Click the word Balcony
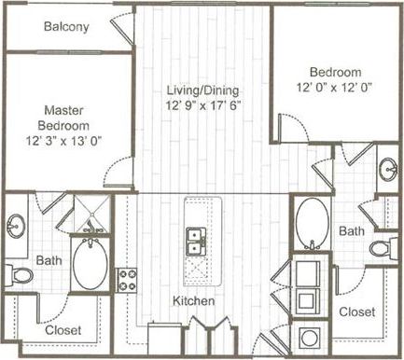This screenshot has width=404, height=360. click(x=66, y=27)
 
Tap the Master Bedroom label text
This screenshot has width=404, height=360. click(x=63, y=118)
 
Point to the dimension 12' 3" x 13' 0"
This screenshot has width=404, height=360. click(x=63, y=143)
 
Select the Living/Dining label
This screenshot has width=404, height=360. click(x=202, y=90)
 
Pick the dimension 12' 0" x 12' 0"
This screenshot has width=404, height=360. click(x=334, y=89)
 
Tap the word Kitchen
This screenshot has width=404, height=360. click(x=194, y=301)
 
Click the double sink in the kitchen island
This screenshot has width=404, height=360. click(x=196, y=242)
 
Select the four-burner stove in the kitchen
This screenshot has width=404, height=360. click(x=126, y=280)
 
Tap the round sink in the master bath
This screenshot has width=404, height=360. click(x=18, y=227)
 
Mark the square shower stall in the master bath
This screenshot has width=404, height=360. click(x=91, y=216)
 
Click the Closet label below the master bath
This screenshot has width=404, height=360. click(x=63, y=330)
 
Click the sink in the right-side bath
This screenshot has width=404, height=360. click(x=387, y=170)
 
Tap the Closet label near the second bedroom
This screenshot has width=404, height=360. click(x=356, y=311)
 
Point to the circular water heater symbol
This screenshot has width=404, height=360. click(x=308, y=337)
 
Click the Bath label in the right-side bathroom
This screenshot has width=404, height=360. click(x=352, y=229)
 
